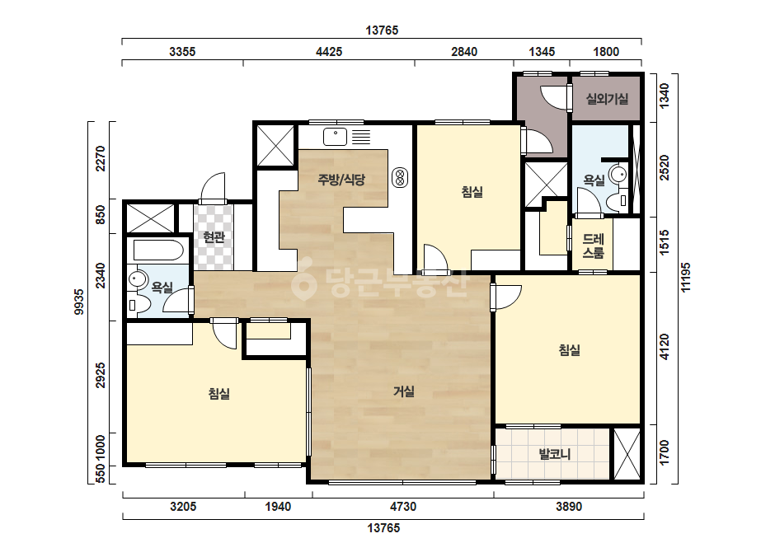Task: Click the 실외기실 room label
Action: (x=607, y=99)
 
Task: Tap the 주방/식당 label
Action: (x=341, y=180)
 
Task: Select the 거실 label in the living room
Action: (x=404, y=391)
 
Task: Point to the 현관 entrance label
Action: (x=214, y=236)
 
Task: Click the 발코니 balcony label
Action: (x=555, y=454)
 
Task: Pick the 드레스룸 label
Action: (x=593, y=246)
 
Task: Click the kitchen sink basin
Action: (x=335, y=136)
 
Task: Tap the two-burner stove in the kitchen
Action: (x=400, y=178)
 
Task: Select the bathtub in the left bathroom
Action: (x=158, y=250)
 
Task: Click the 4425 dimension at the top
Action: (x=329, y=51)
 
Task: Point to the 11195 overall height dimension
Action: (x=685, y=277)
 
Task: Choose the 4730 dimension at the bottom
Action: (x=403, y=507)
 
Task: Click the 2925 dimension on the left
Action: (x=101, y=375)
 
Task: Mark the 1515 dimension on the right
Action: (x=665, y=242)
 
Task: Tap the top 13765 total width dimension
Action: (x=382, y=30)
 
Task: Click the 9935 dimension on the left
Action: (x=79, y=302)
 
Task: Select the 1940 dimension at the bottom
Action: (x=278, y=507)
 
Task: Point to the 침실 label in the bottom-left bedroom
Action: (x=218, y=394)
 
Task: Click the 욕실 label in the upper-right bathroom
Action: (x=594, y=180)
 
